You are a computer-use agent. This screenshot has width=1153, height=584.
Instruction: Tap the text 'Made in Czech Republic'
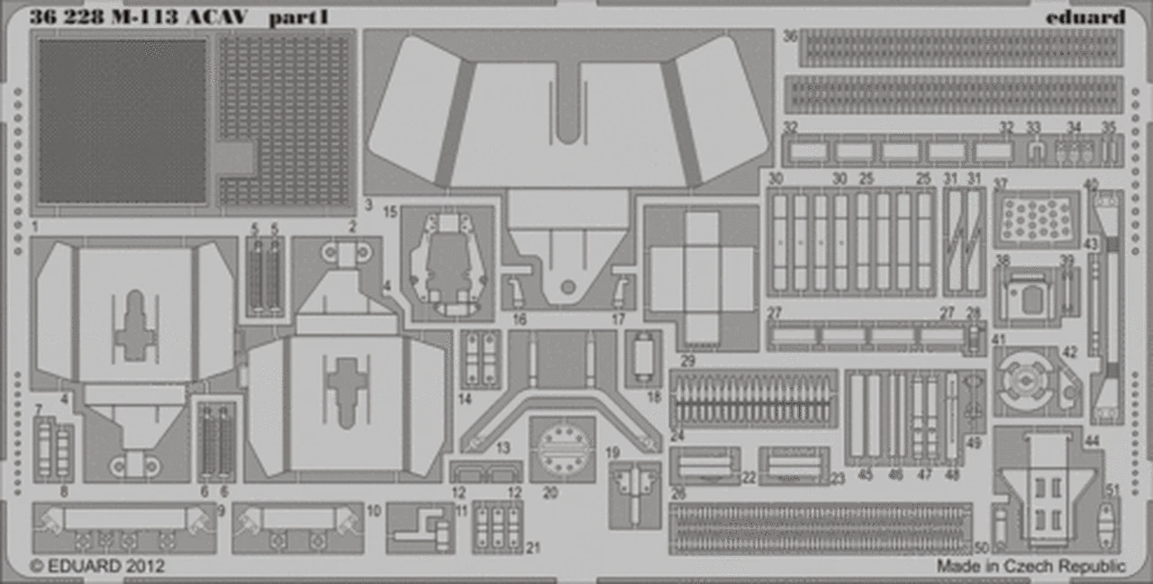click(x=1030, y=567)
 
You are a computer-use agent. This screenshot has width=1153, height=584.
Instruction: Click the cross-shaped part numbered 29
click(x=702, y=277)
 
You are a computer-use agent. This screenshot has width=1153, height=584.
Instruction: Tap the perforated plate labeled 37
click(x=1037, y=219)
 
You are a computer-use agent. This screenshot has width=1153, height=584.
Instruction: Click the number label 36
click(x=790, y=37)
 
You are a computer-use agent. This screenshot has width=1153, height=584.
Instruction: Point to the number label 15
click(x=390, y=213)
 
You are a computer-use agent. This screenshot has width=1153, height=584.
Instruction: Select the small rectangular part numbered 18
click(x=643, y=358)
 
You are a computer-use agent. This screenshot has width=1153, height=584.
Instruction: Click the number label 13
click(x=503, y=447)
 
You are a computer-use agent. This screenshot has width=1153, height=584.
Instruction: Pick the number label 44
click(x=1093, y=440)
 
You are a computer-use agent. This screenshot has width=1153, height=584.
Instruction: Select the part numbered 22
click(x=704, y=465)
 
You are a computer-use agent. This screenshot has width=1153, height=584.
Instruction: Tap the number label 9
click(x=220, y=510)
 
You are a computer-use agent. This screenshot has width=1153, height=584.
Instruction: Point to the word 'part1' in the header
click(x=285, y=16)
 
